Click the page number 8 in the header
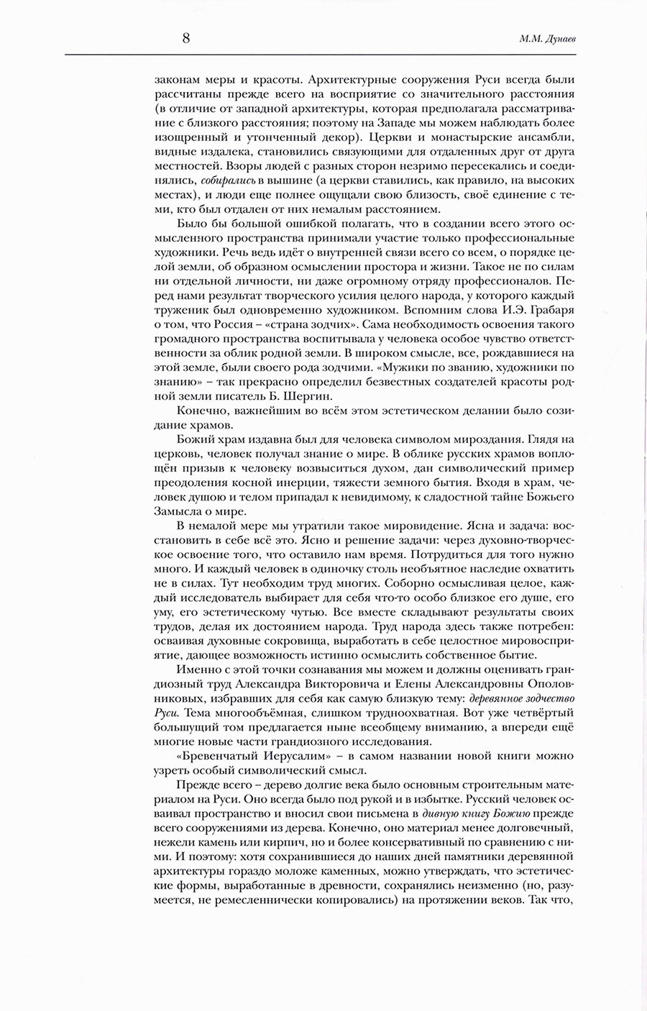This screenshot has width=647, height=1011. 185,39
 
